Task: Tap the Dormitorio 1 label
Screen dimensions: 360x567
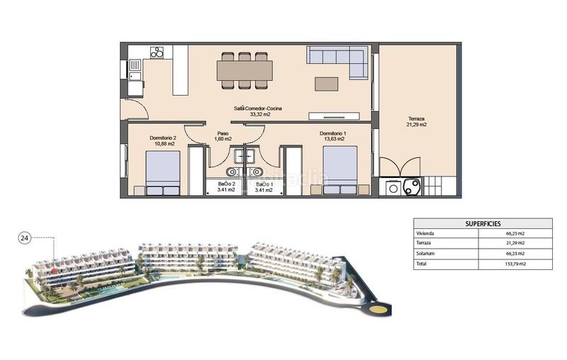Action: pyautogui.click(x=332, y=136)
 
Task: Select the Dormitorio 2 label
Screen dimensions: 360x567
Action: pyautogui.click(x=162, y=140)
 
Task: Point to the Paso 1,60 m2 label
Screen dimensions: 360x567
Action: pyautogui.click(x=223, y=136)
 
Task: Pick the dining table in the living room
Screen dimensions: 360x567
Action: pyautogui.click(x=245, y=70)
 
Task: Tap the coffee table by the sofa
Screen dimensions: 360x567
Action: pyautogui.click(x=327, y=84)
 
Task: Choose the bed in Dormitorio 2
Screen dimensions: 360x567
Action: pyautogui.click(x=163, y=172)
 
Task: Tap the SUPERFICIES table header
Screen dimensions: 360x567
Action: pyautogui.click(x=483, y=223)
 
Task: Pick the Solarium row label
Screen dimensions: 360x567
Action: pyautogui.click(x=426, y=253)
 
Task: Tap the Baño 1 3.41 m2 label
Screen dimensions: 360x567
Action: pyautogui.click(x=264, y=187)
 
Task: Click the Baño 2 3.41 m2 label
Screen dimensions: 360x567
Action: pyautogui.click(x=225, y=187)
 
